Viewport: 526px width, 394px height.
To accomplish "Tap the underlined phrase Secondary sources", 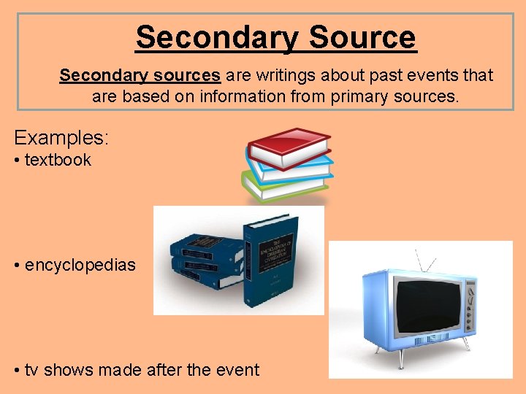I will pos(140,75).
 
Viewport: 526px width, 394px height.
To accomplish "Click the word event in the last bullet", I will pos(237,370).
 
